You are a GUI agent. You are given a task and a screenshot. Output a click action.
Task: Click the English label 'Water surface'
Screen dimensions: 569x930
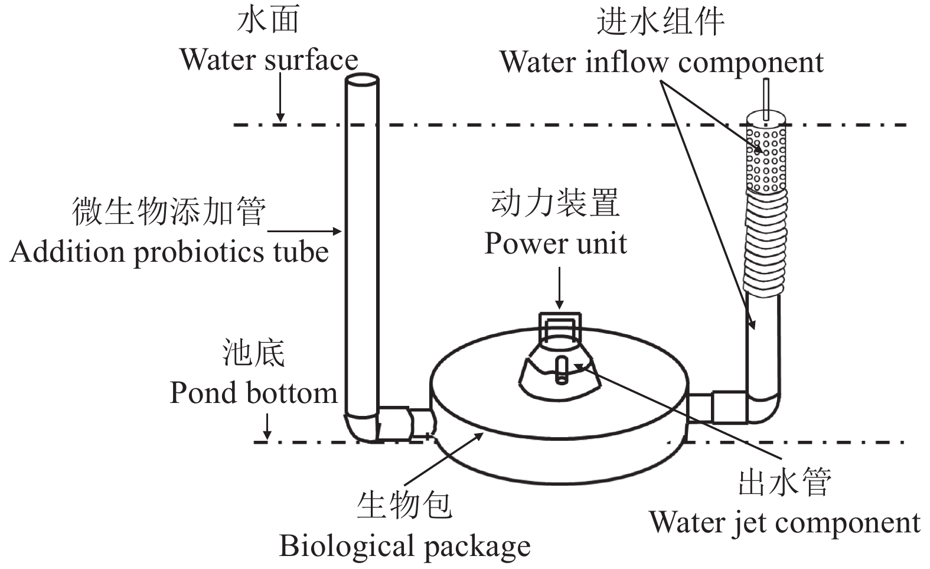pyautogui.click(x=269, y=60)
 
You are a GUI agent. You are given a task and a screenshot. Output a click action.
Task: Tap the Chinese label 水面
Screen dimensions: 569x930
pyautogui.click(x=268, y=19)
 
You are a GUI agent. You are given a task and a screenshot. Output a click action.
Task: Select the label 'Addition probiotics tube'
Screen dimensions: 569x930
pyautogui.click(x=169, y=252)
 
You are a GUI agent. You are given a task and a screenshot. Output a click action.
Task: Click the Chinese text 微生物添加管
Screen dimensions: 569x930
pyautogui.click(x=169, y=211)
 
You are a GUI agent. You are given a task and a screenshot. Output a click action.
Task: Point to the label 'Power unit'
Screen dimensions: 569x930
pyautogui.click(x=555, y=243)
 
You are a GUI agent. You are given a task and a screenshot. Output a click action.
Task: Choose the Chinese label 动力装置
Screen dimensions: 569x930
pyautogui.click(x=555, y=203)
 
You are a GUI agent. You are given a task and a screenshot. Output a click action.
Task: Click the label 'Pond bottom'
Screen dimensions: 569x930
pyautogui.click(x=253, y=393)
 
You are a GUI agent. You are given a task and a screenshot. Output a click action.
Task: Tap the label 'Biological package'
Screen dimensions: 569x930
pyautogui.click(x=404, y=546)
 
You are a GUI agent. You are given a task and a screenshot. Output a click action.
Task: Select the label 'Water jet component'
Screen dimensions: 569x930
pyautogui.click(x=785, y=522)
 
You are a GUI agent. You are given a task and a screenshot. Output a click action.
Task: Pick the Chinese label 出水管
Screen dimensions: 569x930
pyautogui.click(x=785, y=482)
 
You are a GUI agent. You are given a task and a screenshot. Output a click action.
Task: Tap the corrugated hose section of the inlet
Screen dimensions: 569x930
pyautogui.click(x=765, y=242)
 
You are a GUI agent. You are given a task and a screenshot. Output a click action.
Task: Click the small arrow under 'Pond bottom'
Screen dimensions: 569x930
pyautogui.click(x=267, y=427)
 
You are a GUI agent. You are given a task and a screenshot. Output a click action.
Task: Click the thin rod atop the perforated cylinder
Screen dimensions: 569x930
pyautogui.click(x=766, y=97)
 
